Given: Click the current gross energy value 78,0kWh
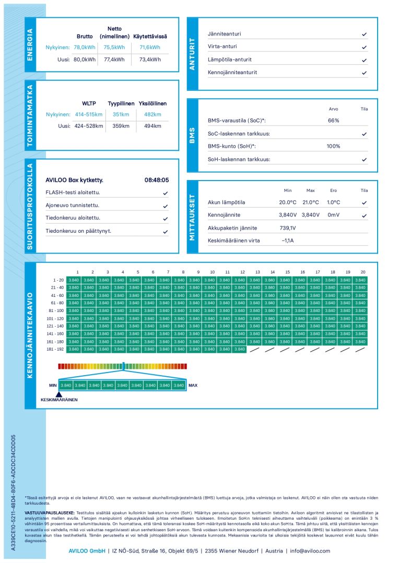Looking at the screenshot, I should point(85,47).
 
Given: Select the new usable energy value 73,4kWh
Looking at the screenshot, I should point(150,59).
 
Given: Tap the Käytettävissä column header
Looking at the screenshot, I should point(150,36).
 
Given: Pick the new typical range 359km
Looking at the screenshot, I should point(121,126).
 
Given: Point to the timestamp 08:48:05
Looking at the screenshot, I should point(157,180).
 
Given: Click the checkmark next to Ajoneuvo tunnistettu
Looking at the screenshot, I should point(166,206).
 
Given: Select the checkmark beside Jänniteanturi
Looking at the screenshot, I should point(364,34).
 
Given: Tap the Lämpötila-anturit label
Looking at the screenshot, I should point(229,59).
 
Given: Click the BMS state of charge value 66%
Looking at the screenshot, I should point(333,121).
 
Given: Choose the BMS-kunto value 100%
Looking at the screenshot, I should point(333,147).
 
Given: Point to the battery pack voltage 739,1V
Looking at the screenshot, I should point(287,228).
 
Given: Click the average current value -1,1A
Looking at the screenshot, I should point(288,241).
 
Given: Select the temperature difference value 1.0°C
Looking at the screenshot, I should point(333,202).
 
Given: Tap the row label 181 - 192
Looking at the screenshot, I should point(55,349).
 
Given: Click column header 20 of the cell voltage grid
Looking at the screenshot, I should point(363,272).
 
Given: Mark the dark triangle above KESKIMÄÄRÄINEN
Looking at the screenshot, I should point(59,394).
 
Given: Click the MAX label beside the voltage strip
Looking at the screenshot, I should point(193,386).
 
